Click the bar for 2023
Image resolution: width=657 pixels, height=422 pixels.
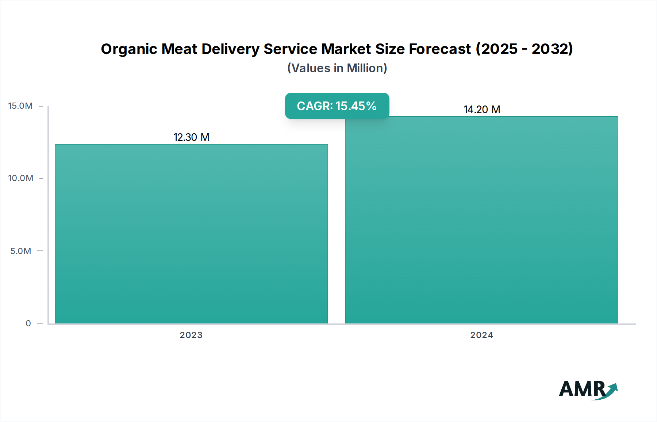[191, 234]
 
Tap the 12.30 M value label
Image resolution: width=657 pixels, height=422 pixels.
[191, 137]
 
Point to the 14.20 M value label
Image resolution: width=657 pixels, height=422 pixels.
[482, 110]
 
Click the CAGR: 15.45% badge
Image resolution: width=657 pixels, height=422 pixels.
[337, 106]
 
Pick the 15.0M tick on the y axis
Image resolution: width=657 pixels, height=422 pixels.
[20, 106]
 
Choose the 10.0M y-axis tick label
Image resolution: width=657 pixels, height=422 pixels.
[21, 178]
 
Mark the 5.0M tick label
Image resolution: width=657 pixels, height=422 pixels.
[21, 251]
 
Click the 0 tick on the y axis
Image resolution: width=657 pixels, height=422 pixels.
[28, 323]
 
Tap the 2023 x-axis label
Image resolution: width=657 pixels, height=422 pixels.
[191, 335]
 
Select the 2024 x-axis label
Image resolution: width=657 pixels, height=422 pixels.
[481, 335]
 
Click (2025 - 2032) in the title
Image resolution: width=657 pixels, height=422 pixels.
[524, 49]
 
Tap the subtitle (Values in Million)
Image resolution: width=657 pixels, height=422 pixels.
[337, 68]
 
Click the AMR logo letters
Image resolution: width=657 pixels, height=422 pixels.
[582, 389]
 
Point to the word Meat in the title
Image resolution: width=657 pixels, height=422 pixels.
[179, 49]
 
